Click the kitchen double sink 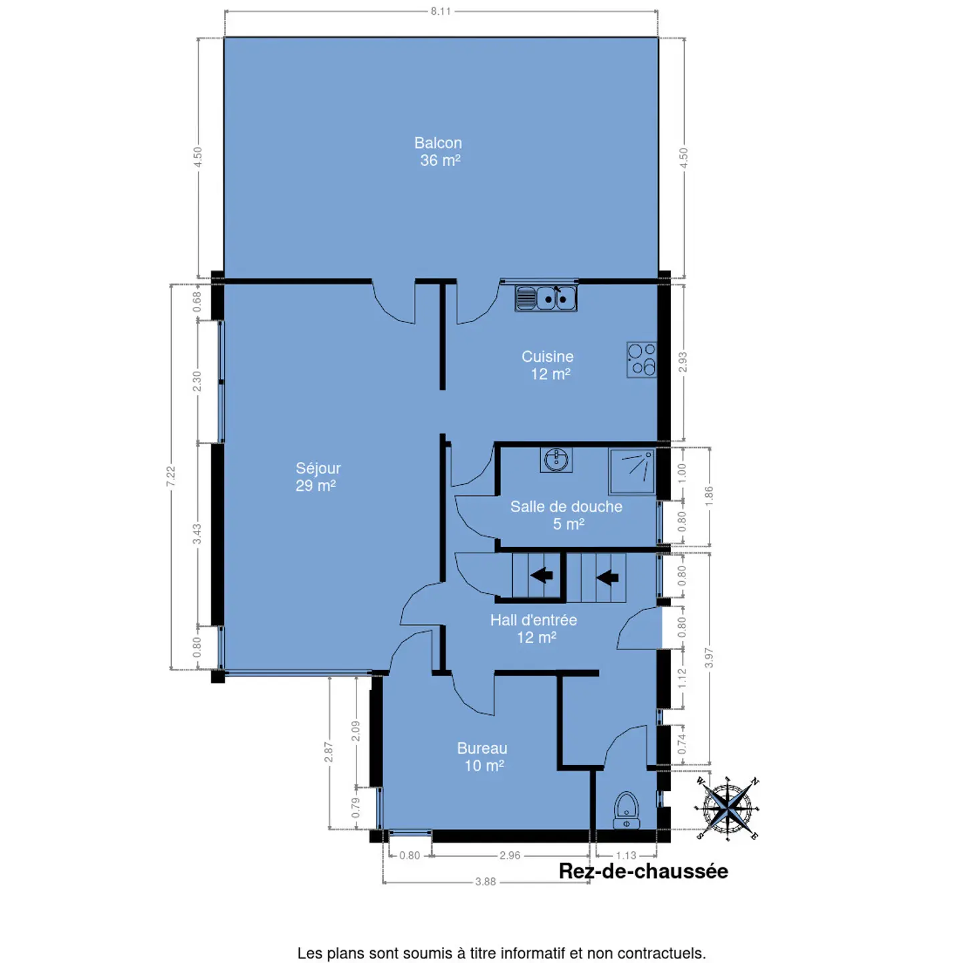[x=546, y=298]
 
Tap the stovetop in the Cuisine [x=641, y=359]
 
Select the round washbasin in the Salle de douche [x=556, y=459]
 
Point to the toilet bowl [x=626, y=810]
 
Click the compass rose [x=727, y=808]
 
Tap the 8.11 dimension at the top [x=441, y=11]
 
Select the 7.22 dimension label [x=171, y=476]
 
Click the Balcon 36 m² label [x=438, y=151]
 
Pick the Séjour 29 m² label [x=318, y=476]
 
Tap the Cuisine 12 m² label [x=548, y=365]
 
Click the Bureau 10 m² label [x=482, y=756]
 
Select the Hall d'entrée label [x=533, y=620]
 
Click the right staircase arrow [x=607, y=578]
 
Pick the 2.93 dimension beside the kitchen [x=683, y=362]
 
